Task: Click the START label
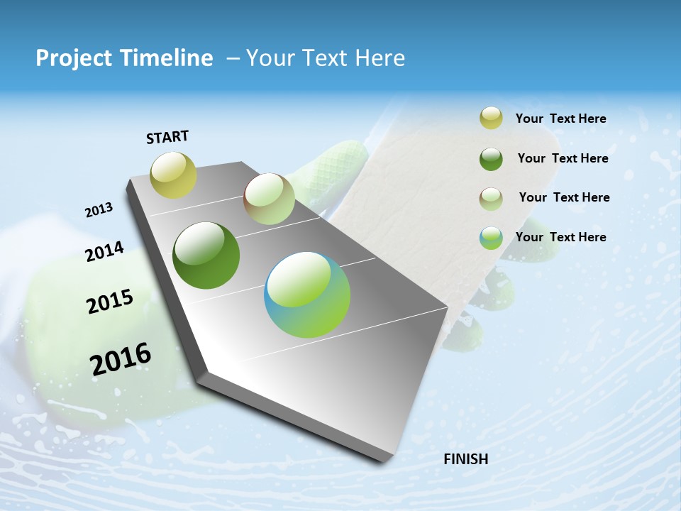click(167, 137)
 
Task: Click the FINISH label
click(466, 459)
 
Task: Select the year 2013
click(99, 210)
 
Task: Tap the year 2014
click(105, 251)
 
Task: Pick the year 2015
click(110, 302)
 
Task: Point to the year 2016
click(121, 359)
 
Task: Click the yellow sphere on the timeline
click(173, 175)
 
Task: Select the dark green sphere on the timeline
click(206, 255)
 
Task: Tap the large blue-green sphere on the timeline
click(307, 295)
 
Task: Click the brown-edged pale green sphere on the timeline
click(269, 199)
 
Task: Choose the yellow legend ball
click(491, 118)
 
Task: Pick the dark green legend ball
click(491, 158)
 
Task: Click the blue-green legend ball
click(491, 238)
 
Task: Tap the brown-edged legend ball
click(491, 198)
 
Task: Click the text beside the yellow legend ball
click(560, 119)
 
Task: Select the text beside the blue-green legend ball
click(560, 237)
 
